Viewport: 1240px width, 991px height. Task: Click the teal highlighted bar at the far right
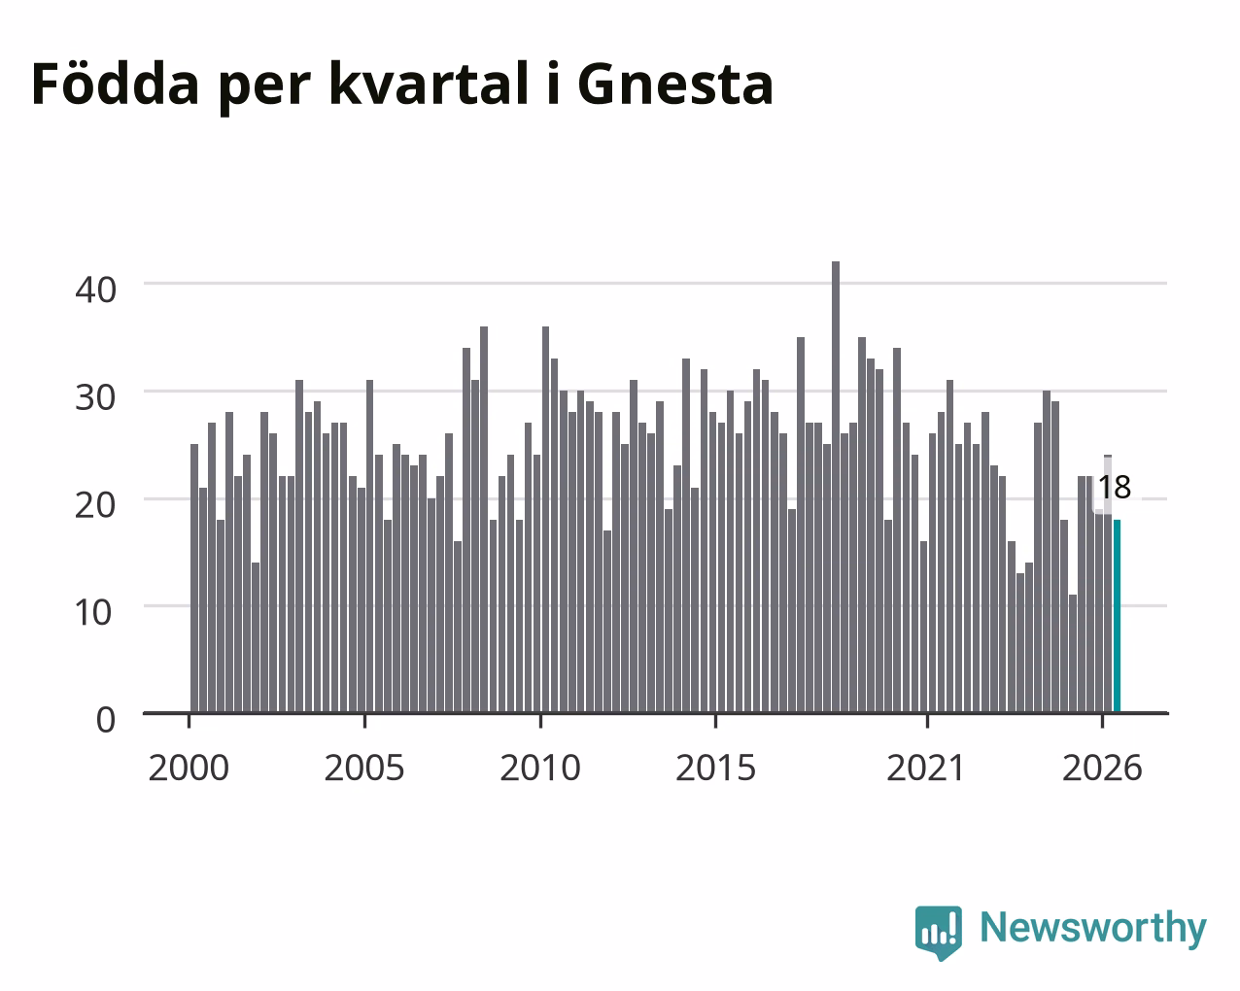pos(1117,616)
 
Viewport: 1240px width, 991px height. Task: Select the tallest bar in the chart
pos(836,487)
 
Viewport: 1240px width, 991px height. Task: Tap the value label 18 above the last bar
pos(1115,488)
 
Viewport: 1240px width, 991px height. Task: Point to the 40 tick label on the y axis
pos(95,290)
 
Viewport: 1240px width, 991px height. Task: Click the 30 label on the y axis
pos(95,397)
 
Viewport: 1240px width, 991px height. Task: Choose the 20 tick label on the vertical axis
pos(95,505)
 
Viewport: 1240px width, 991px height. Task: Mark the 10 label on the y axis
pos(93,613)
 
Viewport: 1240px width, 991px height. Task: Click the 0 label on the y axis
pos(106,720)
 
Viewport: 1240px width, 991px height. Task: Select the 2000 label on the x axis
pos(189,768)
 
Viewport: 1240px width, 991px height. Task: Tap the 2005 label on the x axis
pos(364,768)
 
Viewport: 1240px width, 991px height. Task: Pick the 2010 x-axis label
pos(540,768)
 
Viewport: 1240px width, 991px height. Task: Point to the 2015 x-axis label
pos(715,768)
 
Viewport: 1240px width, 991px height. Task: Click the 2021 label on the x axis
pos(926,768)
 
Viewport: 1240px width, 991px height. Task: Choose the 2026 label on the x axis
pos(1102,768)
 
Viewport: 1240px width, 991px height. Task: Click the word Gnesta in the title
pos(675,85)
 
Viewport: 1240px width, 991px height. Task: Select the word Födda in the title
pos(116,83)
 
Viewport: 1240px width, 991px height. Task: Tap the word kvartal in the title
pos(430,83)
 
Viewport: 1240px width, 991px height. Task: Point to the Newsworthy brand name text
pos(1093,928)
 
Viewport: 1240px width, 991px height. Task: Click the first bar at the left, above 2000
pos(194,578)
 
